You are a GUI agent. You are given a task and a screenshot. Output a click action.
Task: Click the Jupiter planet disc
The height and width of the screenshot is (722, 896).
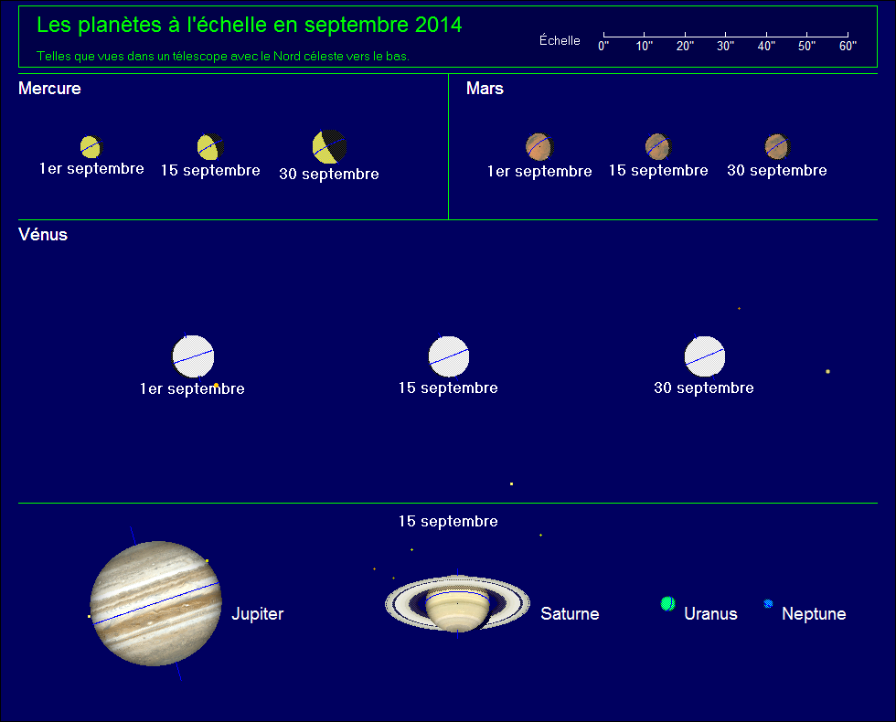(x=155, y=603)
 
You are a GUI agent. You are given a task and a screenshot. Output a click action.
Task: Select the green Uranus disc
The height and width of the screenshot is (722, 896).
(x=667, y=604)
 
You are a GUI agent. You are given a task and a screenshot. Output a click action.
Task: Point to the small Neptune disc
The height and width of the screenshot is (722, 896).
(x=768, y=604)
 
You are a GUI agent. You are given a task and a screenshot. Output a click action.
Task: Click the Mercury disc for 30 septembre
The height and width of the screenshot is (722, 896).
(x=329, y=146)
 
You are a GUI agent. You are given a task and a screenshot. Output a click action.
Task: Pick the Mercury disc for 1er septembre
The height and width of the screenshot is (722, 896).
(x=90, y=146)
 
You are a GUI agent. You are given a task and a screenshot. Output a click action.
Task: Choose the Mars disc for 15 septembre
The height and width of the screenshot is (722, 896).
(x=657, y=145)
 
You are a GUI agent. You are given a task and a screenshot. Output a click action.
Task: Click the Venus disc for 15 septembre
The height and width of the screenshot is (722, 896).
(x=449, y=356)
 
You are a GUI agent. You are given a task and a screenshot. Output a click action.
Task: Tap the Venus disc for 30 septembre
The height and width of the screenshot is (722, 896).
(x=705, y=356)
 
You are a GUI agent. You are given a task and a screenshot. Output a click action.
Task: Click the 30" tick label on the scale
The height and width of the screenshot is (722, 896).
(x=725, y=47)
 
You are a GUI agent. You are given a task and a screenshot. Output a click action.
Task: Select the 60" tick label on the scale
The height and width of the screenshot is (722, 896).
(x=848, y=47)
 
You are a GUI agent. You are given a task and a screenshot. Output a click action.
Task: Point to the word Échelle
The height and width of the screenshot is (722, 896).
(x=560, y=40)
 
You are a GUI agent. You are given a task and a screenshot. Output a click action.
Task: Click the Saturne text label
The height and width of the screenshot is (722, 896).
(x=570, y=614)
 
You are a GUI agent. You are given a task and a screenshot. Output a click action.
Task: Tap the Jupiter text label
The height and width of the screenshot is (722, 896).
(x=257, y=614)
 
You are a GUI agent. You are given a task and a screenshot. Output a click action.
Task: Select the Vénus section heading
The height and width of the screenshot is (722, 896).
(x=43, y=235)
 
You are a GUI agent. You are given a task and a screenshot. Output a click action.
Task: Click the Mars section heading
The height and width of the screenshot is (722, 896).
(x=485, y=89)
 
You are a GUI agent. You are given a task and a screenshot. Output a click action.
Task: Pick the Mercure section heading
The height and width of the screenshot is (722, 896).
(x=49, y=89)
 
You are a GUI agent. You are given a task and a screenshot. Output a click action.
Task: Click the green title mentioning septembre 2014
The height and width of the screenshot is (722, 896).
(x=249, y=26)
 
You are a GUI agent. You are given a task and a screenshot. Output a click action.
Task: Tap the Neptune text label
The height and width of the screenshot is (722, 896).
(x=814, y=614)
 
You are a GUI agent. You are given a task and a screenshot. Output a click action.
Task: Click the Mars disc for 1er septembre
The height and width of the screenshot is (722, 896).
(x=539, y=145)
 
